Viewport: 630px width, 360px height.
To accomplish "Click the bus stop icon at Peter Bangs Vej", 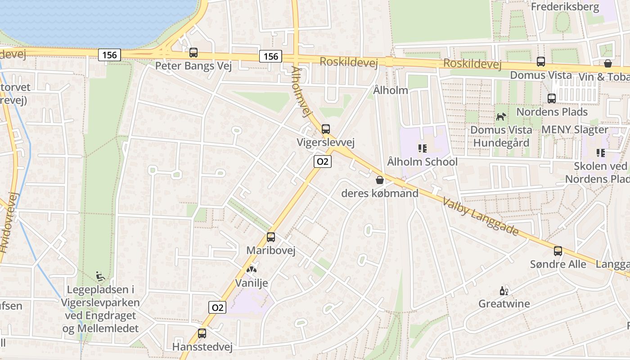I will click(193, 53).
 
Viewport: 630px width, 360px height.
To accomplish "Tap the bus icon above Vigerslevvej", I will click(326, 129).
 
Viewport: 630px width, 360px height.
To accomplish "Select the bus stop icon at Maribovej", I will click(271, 237).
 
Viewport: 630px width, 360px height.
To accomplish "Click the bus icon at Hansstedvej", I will click(202, 333).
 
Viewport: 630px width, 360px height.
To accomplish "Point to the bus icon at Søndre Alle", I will click(558, 251).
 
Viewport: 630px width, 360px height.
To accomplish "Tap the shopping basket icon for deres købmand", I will click(380, 180).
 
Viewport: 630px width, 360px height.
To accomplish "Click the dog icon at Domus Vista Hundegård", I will click(501, 117).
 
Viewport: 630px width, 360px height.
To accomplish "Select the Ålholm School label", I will click(422, 162).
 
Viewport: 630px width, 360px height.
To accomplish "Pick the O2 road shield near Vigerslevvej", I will click(323, 162).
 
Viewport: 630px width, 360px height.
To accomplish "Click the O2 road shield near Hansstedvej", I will click(217, 307).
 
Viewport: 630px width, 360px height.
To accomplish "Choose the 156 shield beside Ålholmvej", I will click(270, 56).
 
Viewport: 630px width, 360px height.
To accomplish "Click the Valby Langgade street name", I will click(481, 216).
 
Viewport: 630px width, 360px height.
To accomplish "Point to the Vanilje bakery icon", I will click(251, 270).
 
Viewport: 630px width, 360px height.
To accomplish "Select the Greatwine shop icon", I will click(504, 291).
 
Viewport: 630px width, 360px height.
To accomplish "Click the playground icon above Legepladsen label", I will click(101, 275).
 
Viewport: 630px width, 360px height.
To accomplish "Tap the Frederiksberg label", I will click(565, 7).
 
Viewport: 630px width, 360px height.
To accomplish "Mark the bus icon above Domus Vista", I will click(541, 62).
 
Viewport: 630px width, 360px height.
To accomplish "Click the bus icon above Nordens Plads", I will click(552, 98).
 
